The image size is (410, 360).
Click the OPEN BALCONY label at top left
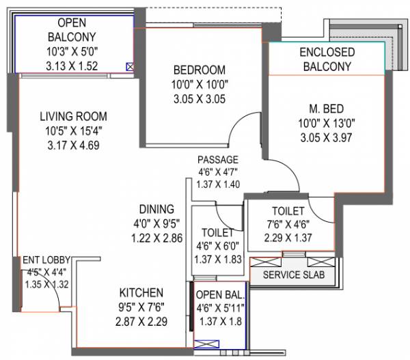click(72, 29)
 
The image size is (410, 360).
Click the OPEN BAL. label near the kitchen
click(219, 294)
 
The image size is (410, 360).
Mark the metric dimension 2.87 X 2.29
click(141, 320)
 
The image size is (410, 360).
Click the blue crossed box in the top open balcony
click(130, 67)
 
